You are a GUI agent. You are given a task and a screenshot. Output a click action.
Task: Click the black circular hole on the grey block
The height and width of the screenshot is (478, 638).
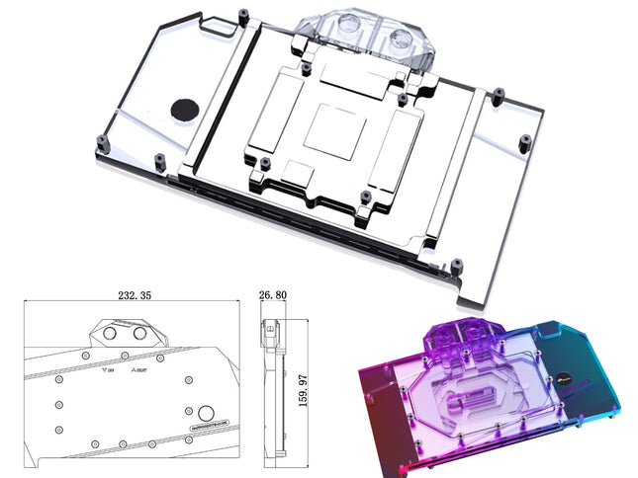point(184,109)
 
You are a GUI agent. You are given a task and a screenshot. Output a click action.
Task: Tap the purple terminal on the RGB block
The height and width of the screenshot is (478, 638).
point(464,340)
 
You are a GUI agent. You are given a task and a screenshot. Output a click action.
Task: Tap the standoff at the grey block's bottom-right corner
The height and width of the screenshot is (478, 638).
point(457,265)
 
